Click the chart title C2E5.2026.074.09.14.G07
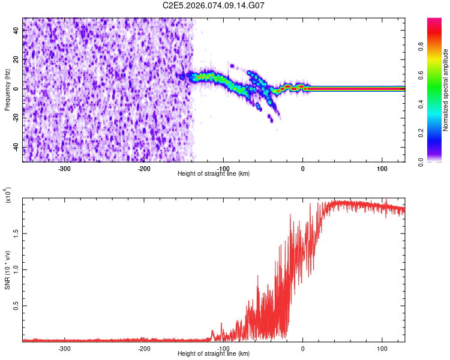click(214, 5)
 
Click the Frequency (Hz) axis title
click(7, 90)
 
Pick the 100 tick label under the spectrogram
click(382, 169)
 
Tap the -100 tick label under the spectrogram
click(223, 169)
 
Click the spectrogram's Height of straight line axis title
click(214, 174)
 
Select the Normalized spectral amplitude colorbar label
click(445, 90)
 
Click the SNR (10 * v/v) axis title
click(7, 269)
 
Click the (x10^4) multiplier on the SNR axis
click(8, 196)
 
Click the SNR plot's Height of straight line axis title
click(214, 354)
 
